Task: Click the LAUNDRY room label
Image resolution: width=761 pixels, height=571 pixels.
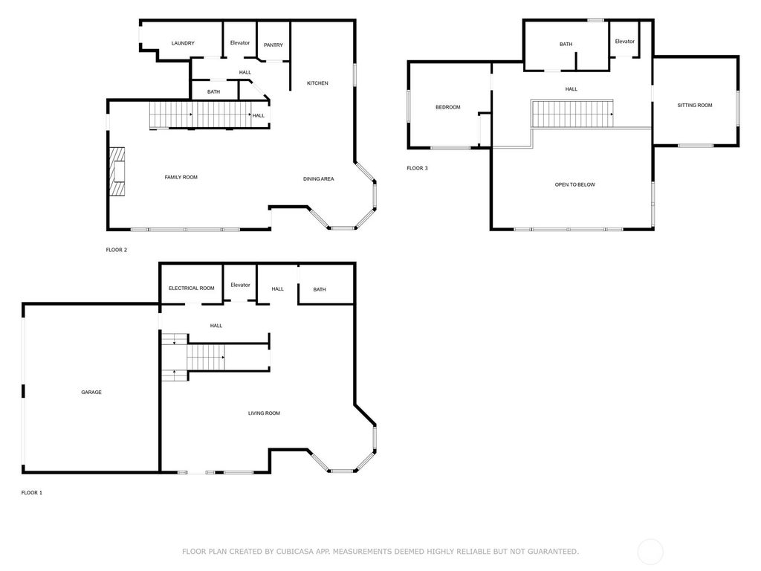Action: point(183,43)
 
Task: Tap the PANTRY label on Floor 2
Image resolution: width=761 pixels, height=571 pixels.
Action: point(273,45)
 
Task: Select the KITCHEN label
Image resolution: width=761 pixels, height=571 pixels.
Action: point(317,83)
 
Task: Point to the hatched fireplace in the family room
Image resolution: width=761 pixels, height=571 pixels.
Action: point(117,172)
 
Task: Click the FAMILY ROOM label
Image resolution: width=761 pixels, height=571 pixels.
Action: point(181,177)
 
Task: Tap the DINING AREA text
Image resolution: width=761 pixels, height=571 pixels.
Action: point(318,178)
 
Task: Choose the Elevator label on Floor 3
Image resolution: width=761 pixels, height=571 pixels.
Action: point(624,42)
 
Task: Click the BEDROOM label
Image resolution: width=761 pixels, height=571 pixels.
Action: point(448,107)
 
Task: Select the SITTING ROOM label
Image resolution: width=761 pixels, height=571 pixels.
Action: point(695,105)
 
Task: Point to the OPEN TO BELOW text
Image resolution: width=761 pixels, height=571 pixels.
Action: point(574,184)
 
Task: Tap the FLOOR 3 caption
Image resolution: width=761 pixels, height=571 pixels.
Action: point(418,169)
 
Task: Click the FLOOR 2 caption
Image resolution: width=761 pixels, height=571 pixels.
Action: point(117,250)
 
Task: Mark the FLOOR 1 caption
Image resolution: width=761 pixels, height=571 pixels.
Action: point(31,493)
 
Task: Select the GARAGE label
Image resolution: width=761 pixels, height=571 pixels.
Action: point(91,393)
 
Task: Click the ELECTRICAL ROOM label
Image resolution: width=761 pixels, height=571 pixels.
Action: point(191,288)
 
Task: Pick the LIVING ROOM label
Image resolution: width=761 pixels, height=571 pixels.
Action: point(264,413)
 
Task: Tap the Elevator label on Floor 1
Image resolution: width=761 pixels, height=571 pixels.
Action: point(240,285)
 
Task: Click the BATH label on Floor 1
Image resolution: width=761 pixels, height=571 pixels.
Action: point(320,289)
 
